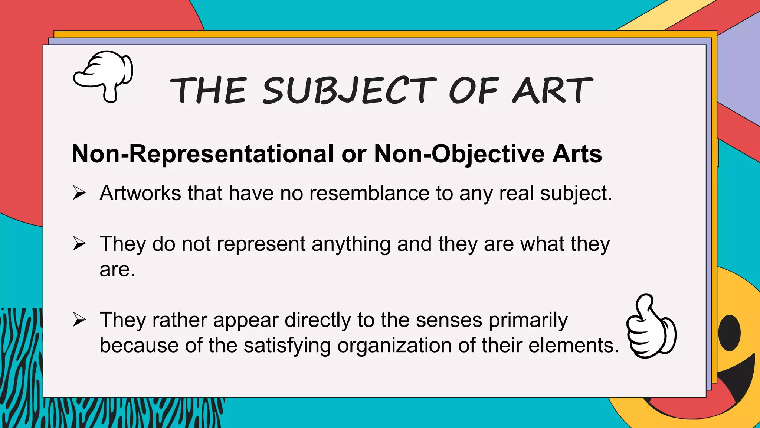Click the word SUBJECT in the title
[349, 90]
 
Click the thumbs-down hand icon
[104, 76]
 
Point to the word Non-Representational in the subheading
[203, 154]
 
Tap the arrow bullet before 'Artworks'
[79, 193]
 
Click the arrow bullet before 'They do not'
[79, 244]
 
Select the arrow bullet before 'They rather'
[79, 320]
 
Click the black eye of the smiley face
[729, 333]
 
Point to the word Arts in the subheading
[577, 154]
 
